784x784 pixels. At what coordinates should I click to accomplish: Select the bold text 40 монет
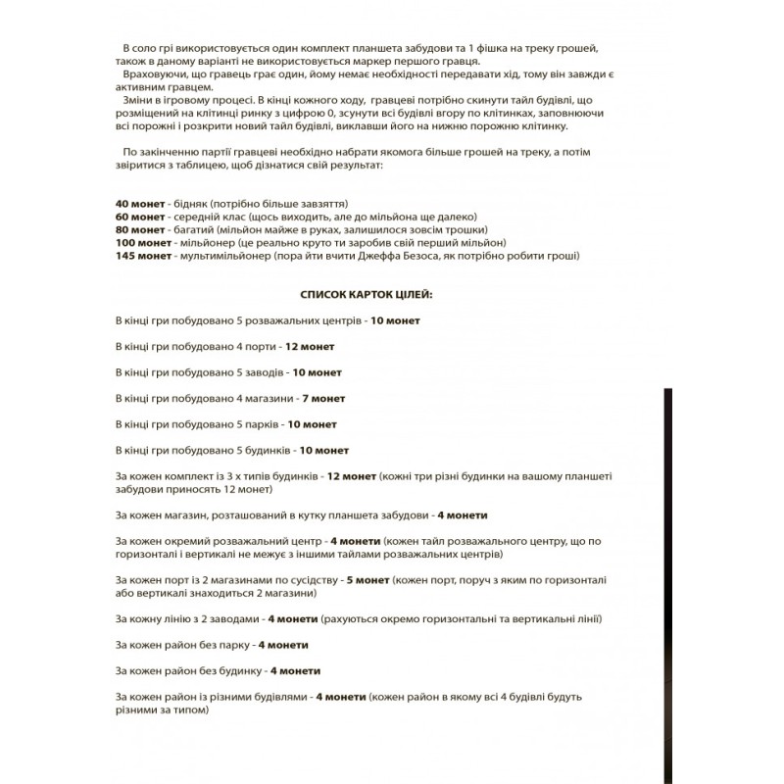[137, 202]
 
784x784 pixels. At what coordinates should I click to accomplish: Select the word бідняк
[189, 202]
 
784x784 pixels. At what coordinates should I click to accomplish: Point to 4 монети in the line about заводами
[290, 619]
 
